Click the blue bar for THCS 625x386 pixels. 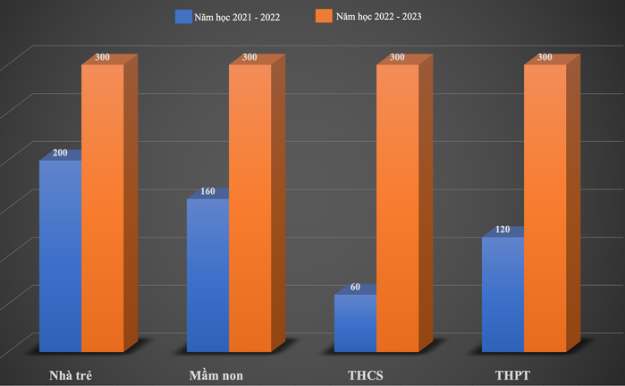[x=355, y=323]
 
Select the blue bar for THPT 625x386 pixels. [x=503, y=294]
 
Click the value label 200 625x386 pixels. [x=61, y=154]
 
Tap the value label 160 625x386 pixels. [x=208, y=191]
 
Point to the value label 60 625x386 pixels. [x=356, y=288]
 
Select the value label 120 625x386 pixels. [x=503, y=230]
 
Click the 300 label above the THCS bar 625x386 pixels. [x=397, y=57]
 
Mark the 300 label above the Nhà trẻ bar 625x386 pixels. [x=103, y=57]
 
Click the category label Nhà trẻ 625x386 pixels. [x=71, y=373]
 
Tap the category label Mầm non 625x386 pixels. [x=217, y=373]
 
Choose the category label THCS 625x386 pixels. [x=367, y=373]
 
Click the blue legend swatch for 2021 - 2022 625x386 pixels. [x=184, y=16]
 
